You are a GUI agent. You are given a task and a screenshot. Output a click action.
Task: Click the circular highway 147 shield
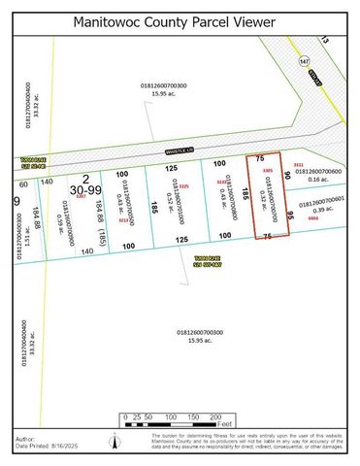pyautogui.click(x=304, y=60)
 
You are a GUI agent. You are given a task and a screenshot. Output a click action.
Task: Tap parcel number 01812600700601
pyautogui.click(x=326, y=204)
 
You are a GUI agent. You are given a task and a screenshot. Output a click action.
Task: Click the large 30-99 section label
pyautogui.click(x=87, y=191)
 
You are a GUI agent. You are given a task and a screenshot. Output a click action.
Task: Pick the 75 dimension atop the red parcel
pyautogui.click(x=259, y=157)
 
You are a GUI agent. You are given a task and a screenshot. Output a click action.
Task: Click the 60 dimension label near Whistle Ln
pyautogui.click(x=22, y=182)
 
